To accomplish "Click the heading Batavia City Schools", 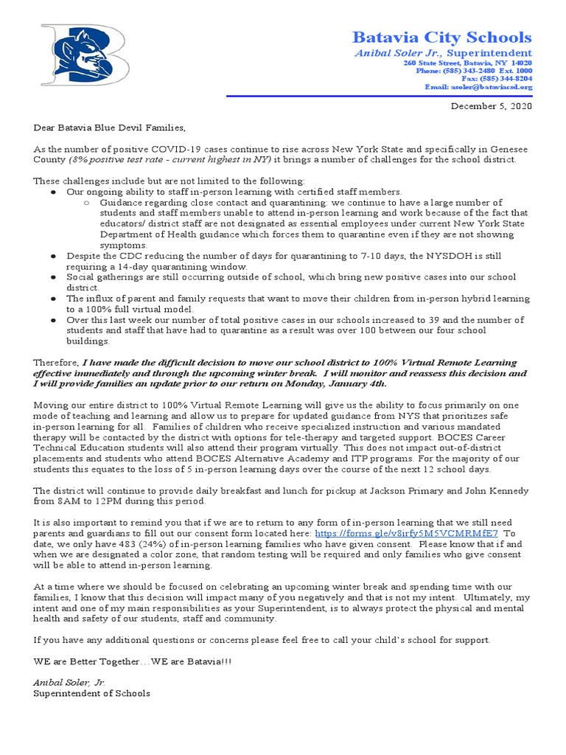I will point(441,37).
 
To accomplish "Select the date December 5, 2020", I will point(491,106).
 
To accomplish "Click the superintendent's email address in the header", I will point(478,87).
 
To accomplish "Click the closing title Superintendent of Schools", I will point(91,693).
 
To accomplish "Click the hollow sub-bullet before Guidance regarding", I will point(86,202).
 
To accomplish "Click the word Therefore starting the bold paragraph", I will point(55,363).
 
